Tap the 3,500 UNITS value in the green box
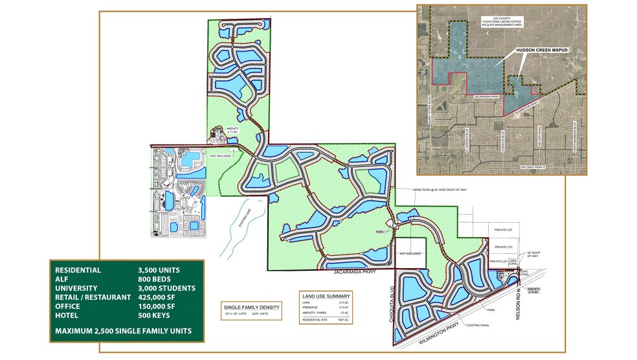[159, 270]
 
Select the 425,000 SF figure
[160, 297]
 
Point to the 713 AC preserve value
[344, 308]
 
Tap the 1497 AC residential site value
[342, 320]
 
